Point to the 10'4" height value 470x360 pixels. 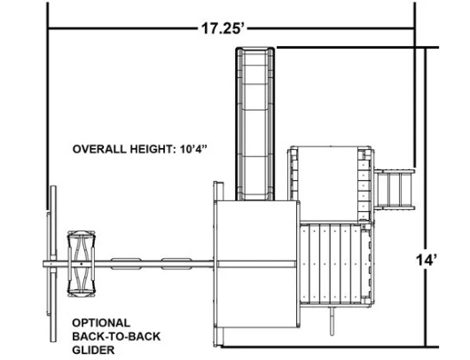[x=193, y=149]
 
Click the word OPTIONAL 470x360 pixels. [x=101, y=323]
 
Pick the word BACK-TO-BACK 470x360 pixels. [x=116, y=336]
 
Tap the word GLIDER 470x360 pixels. [x=93, y=350]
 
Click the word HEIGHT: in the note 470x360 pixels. [x=153, y=149]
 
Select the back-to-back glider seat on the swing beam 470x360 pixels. [x=82, y=263]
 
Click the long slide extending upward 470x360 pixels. [x=255, y=124]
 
